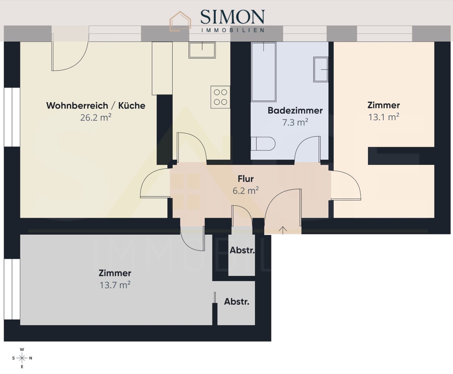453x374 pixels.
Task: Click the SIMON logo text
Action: (232, 17)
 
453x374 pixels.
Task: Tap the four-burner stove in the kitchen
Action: (220, 97)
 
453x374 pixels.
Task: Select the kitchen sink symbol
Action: (202, 50)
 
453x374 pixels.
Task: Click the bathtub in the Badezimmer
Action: (264, 72)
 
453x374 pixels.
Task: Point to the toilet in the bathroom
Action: (263, 143)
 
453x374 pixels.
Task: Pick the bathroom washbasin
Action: (321, 70)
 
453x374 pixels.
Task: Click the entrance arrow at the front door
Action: (283, 230)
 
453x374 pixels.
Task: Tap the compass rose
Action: (22, 358)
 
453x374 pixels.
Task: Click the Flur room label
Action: (246, 179)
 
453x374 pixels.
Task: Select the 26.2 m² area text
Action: (96, 117)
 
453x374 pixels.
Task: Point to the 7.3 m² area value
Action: (295, 123)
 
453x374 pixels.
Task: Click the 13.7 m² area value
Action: (115, 285)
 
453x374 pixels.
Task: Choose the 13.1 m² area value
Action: (384, 117)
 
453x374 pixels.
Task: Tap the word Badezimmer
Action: (295, 110)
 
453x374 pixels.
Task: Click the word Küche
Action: (132, 106)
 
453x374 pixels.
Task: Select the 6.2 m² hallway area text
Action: (246, 191)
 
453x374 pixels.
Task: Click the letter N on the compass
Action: (31, 358)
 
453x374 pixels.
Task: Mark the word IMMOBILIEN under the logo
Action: (233, 30)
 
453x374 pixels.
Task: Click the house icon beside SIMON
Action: (180, 21)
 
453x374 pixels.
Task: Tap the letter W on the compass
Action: (22, 349)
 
